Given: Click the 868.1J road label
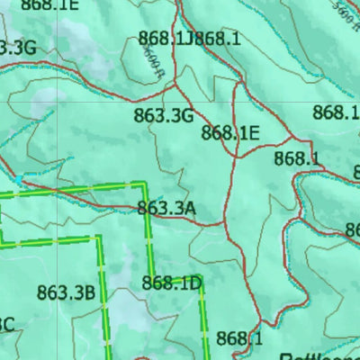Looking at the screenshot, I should coord(166,38).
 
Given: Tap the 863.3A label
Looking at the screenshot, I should coord(166,209).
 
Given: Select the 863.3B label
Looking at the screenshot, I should coord(66,292).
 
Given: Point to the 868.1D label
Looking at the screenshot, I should coord(172,284).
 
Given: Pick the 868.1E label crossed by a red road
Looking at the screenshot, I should coord(230,133).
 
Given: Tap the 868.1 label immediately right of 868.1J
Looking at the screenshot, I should coord(218,38).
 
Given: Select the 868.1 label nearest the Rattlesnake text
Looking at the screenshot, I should coord(239,338).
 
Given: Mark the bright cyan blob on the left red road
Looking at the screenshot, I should coord(20,180).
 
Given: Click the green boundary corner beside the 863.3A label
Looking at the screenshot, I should coord(144,184).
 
